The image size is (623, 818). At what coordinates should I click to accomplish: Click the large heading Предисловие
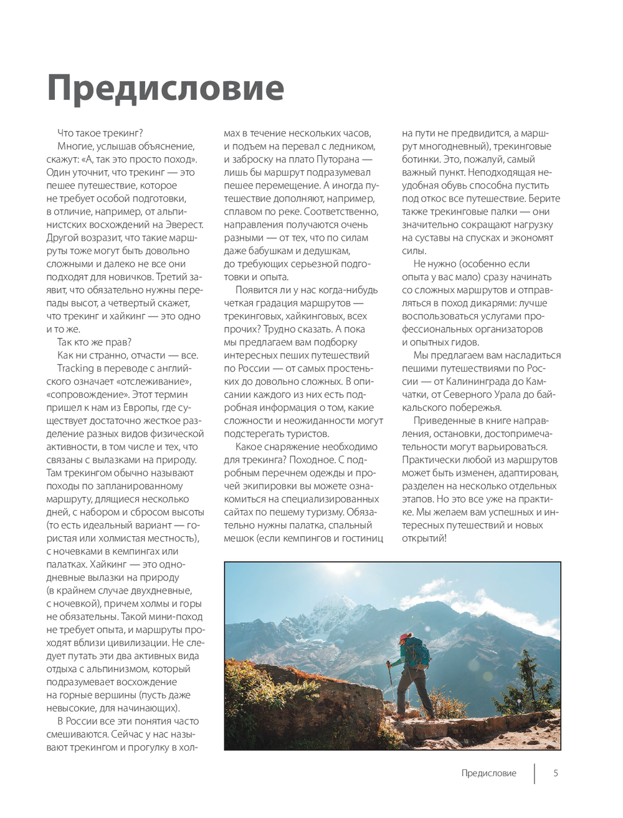coord(165,88)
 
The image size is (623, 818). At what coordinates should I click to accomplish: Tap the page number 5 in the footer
coord(556,773)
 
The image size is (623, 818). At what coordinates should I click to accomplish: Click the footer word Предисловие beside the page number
coord(488,773)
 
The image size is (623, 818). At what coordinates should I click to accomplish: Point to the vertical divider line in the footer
coord(534,773)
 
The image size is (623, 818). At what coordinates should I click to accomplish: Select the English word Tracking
coord(75,368)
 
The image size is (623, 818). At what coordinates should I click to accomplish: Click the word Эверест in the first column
coord(184,224)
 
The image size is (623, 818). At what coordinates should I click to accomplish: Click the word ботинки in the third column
coord(421,159)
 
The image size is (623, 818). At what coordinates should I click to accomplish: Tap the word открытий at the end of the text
coord(424,538)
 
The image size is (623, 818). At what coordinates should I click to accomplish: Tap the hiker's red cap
coord(406,637)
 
